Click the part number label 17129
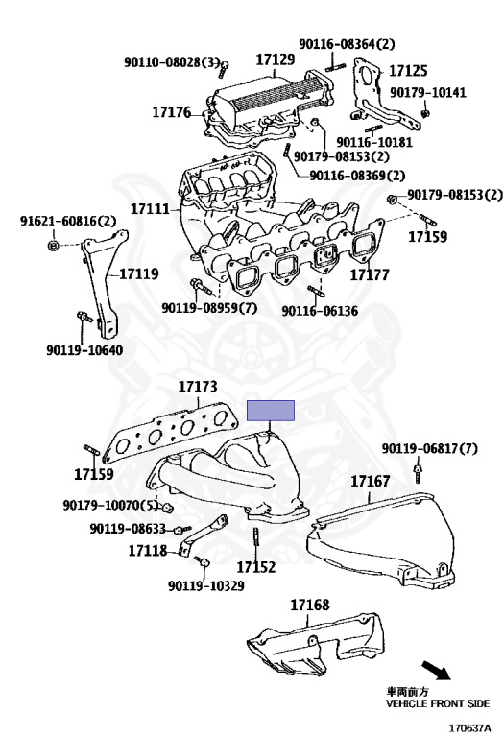tap(275, 59)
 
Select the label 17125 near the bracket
tap(408, 70)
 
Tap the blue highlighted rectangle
tap(272, 412)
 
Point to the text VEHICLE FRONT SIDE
tap(437, 703)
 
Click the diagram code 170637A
tap(472, 728)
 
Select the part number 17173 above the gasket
tap(198, 387)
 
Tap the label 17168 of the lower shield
tap(309, 605)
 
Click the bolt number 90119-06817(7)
tap(429, 448)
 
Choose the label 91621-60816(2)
tap(68, 222)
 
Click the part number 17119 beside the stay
tap(138, 273)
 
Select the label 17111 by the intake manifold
tap(151, 208)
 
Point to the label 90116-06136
tap(320, 311)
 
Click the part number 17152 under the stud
tap(256, 568)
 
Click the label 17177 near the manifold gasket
tap(369, 274)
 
